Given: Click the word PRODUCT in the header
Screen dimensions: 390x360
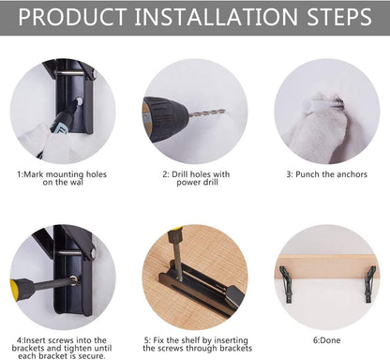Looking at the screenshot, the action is click(x=72, y=17).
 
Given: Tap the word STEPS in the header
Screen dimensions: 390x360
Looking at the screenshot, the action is click(x=339, y=17).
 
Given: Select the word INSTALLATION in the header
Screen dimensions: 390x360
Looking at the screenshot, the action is click(x=217, y=17).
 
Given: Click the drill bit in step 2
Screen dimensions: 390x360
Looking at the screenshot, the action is click(x=206, y=113).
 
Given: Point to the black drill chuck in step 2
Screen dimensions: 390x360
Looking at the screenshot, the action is click(x=165, y=119).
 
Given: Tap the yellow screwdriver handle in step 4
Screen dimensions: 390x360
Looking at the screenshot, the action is click(x=22, y=289).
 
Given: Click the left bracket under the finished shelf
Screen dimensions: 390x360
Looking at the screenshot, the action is click(x=286, y=284).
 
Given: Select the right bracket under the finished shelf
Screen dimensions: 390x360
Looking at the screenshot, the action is click(x=370, y=284).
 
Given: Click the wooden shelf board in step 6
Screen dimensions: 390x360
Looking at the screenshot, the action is click(x=327, y=267).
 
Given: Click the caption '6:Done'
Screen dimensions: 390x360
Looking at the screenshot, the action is click(x=327, y=340).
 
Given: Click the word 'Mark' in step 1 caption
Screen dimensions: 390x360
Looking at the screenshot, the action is click(x=34, y=174).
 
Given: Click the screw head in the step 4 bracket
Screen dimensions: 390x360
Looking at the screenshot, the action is click(x=74, y=279).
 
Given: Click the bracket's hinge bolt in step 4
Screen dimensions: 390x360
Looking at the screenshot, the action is click(x=93, y=252).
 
